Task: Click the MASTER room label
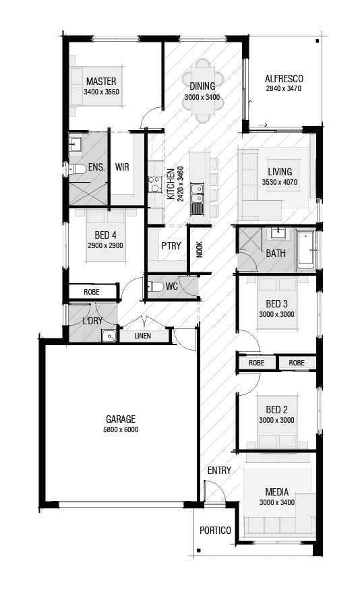[101, 81]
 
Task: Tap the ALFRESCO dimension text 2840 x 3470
[283, 88]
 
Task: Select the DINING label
[202, 86]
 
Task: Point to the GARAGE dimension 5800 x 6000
[121, 429]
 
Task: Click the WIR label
[122, 167]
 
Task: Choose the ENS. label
[95, 167]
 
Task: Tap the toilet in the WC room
[156, 286]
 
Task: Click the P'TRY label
[171, 245]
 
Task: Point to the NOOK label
[199, 249]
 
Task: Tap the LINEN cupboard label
[142, 336]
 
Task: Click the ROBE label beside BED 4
[92, 293]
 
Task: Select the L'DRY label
[92, 321]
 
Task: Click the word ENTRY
[219, 471]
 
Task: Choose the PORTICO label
[215, 531]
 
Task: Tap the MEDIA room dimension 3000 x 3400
[276, 503]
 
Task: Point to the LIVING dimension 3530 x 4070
[279, 183]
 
